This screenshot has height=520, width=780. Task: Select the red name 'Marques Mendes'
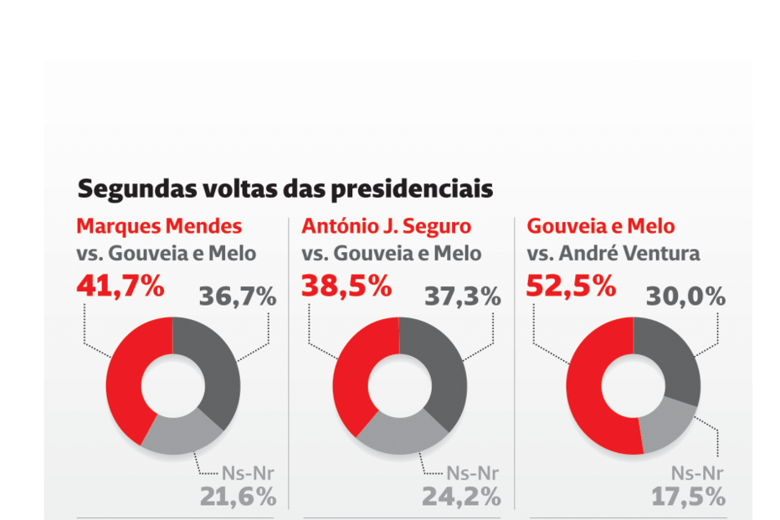pos(159,226)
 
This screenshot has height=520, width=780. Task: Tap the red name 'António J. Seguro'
pos(386,226)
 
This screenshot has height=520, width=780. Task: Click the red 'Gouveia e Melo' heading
pos(600,226)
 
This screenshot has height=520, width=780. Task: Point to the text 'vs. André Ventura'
pos(613,253)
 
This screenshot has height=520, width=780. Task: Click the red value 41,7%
pos(120,286)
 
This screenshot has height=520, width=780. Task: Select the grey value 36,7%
pos(237,296)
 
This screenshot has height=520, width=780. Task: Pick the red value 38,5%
pos(346,286)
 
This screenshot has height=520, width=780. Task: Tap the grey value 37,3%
pos(463,296)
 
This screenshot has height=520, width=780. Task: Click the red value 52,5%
pos(572,286)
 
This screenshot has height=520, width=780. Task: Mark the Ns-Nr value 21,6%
pos(238,497)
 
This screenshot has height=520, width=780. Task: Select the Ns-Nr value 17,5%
pos(688,497)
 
